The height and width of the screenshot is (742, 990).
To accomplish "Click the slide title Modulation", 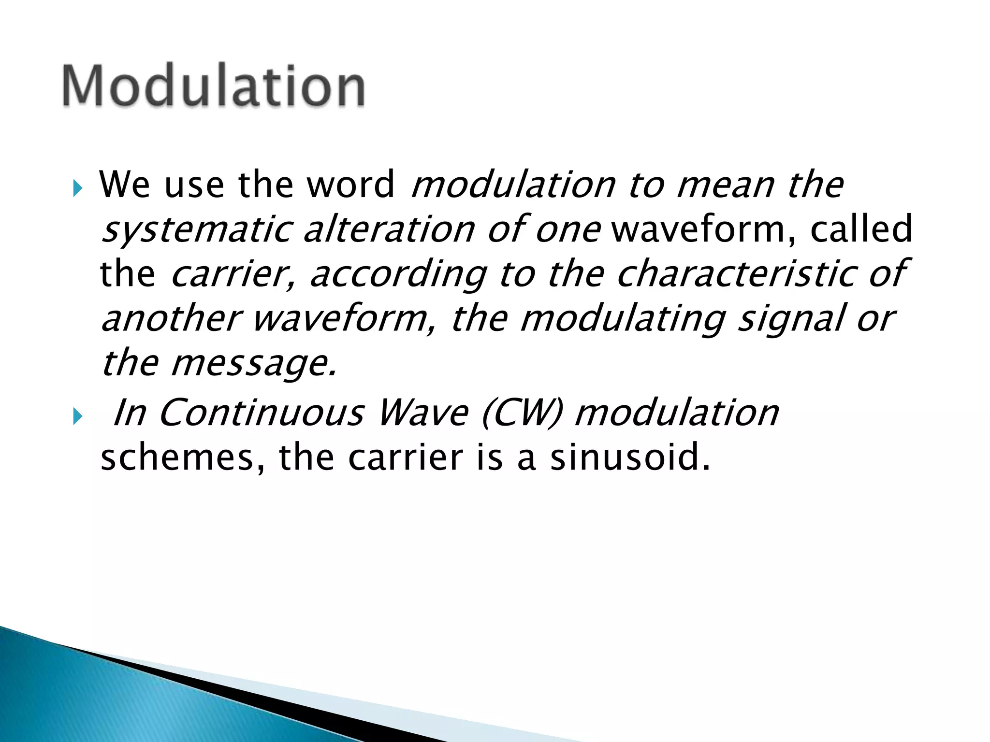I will point(213,86).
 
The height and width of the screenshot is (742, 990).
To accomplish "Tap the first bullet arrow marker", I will point(78,188).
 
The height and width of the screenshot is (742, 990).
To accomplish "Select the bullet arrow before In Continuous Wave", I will point(78,416).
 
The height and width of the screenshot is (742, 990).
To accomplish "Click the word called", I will point(861,229).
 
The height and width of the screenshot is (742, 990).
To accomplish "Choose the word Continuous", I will point(261,413).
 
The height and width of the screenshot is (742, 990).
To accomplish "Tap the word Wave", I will point(423,413).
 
